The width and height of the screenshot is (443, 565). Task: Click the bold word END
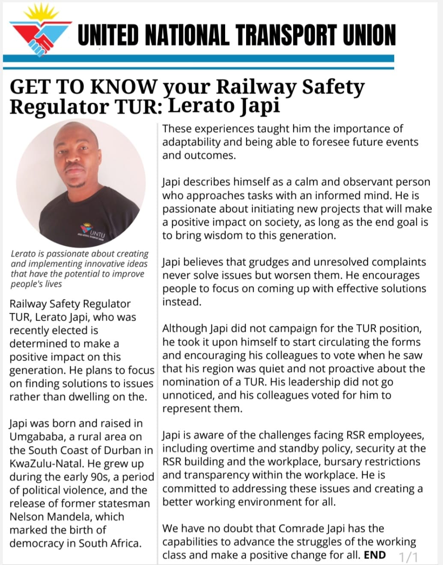pyautogui.click(x=375, y=555)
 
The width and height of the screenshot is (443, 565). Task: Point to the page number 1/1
pyautogui.click(x=408, y=557)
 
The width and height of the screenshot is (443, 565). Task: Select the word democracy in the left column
pyautogui.click(x=40, y=544)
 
